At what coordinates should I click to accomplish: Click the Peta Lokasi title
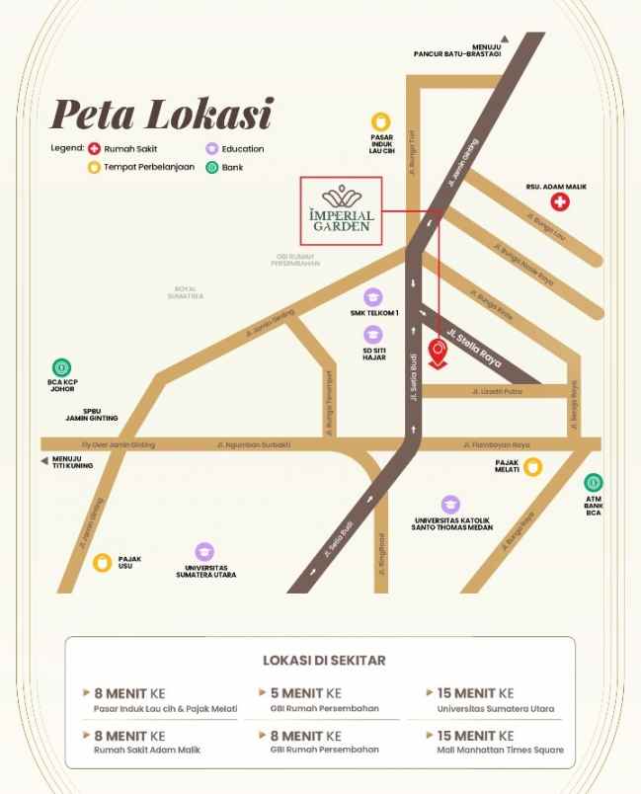pyautogui.click(x=160, y=114)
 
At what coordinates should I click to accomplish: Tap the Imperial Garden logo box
pyautogui.click(x=342, y=211)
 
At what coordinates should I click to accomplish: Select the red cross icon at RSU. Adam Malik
pyautogui.click(x=560, y=202)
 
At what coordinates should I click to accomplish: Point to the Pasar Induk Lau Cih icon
pyautogui.click(x=381, y=119)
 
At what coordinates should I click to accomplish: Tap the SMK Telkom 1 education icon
pyautogui.click(x=373, y=295)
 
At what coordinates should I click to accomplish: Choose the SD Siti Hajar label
pyautogui.click(x=373, y=356)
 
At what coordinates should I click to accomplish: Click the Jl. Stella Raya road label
pyautogui.click(x=475, y=347)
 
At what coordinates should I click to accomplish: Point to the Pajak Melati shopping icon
pyautogui.click(x=533, y=467)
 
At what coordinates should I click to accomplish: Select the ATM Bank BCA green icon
pyautogui.click(x=594, y=483)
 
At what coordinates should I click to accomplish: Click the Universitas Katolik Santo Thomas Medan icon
pyautogui.click(x=450, y=505)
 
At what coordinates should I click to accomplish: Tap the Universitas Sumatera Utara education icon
pyautogui.click(x=204, y=552)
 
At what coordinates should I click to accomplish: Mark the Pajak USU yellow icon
pyautogui.click(x=101, y=563)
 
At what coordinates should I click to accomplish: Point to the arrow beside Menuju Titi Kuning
pyautogui.click(x=44, y=460)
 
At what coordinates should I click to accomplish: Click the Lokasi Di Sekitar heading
pyautogui.click(x=324, y=660)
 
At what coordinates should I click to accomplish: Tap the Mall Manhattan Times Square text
pyautogui.click(x=501, y=750)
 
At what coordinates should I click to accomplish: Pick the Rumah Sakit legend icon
pyautogui.click(x=95, y=149)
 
